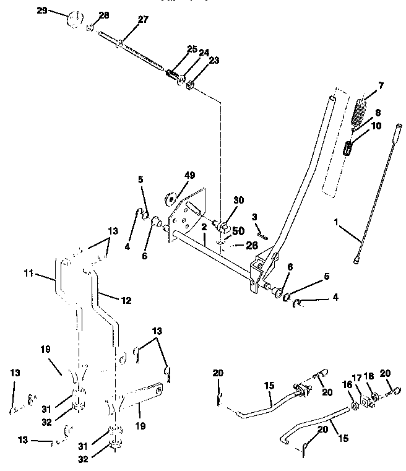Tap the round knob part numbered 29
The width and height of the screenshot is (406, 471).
pyautogui.click(x=72, y=17)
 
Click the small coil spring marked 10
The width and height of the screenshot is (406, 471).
pyautogui.click(x=349, y=149)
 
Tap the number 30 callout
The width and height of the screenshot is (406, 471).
pyautogui.click(x=239, y=201)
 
